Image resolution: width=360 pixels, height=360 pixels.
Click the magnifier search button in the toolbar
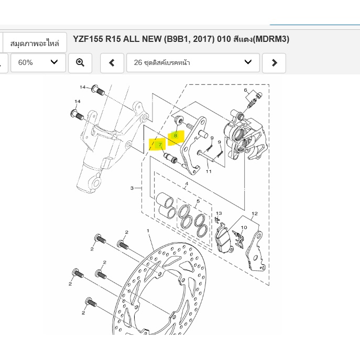point(80,63)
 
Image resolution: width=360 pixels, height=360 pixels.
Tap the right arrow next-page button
point(274,63)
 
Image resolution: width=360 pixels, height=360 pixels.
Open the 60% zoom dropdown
point(38,63)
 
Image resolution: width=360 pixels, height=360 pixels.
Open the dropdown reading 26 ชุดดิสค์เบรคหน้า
point(193,63)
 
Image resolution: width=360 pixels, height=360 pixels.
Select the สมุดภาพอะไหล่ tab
point(35,43)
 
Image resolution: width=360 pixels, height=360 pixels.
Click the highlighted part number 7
point(160,145)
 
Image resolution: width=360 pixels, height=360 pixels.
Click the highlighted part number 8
point(176,136)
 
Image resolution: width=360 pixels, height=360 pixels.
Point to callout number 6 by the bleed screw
point(245,90)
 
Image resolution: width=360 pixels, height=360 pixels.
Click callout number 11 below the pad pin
point(209,171)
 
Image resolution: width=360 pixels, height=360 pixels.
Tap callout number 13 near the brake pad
point(219,213)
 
